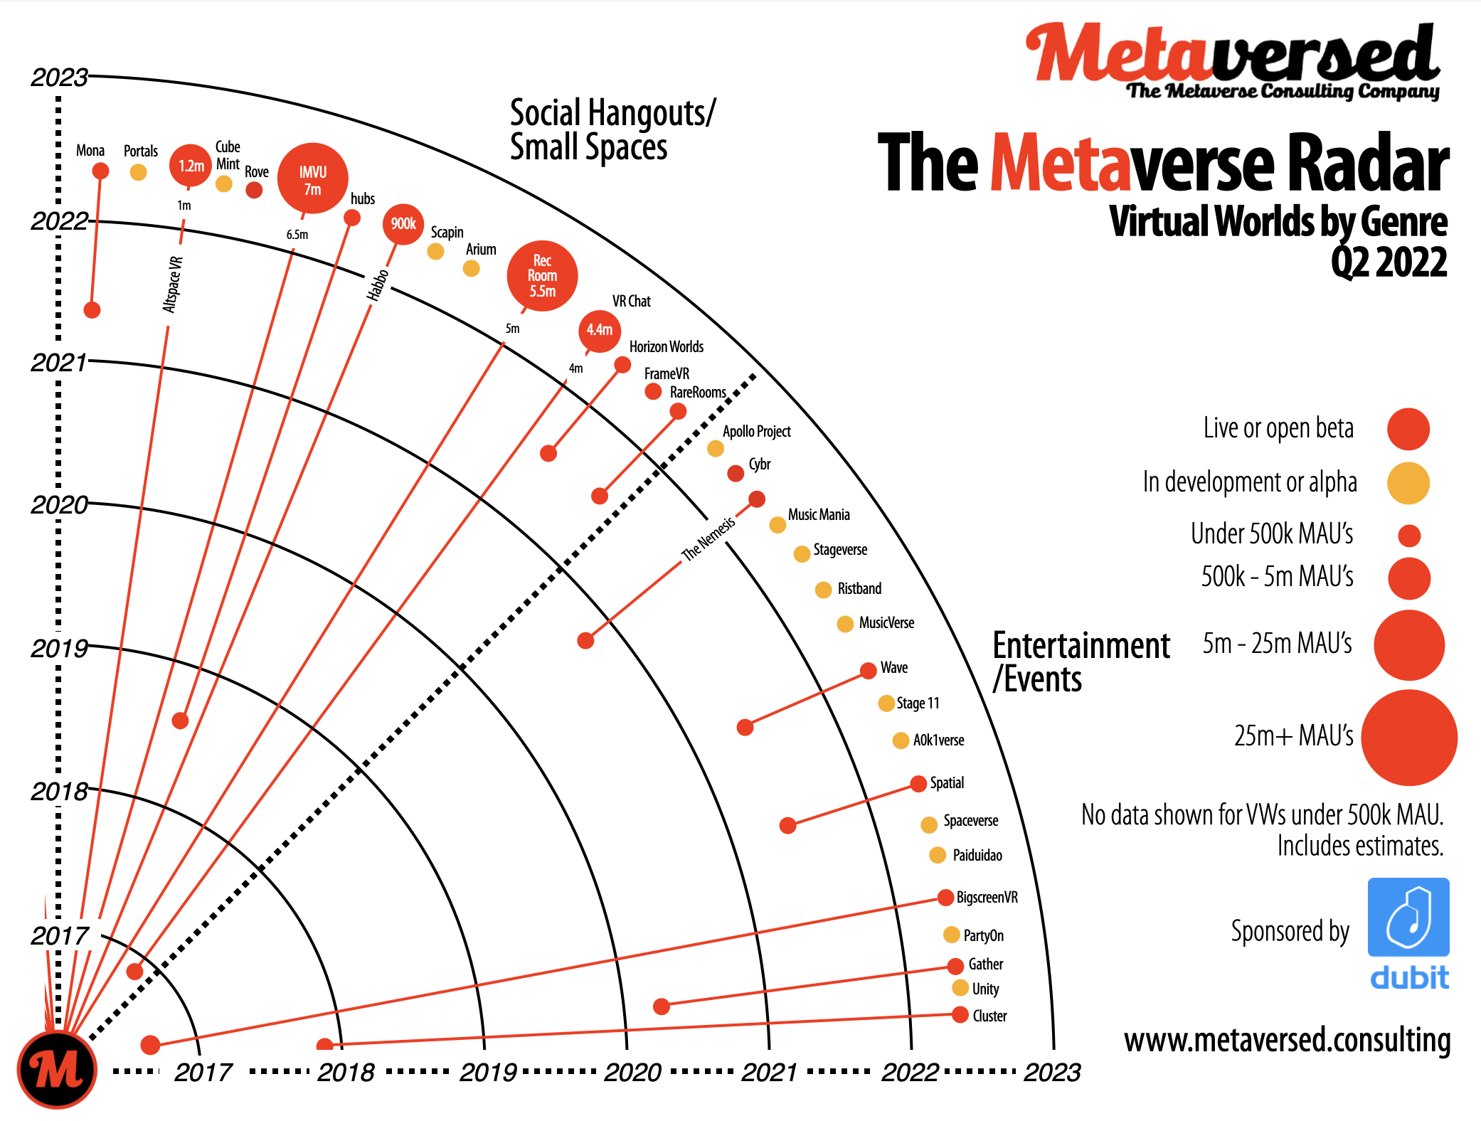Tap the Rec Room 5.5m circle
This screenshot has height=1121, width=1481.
point(542,276)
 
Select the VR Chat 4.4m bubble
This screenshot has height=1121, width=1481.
point(600,330)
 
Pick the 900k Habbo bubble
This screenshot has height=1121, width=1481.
point(403,224)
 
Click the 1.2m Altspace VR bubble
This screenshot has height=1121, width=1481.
point(191,166)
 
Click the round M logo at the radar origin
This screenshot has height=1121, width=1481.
point(57,1069)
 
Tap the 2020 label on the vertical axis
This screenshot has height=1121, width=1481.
point(59,505)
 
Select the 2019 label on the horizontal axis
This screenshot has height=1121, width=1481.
point(488,1072)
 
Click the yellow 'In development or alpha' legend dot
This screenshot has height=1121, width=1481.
point(1408,483)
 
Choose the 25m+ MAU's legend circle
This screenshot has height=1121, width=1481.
point(1408,737)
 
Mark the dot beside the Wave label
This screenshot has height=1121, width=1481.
point(868,671)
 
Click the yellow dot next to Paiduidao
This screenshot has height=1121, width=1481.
point(938,855)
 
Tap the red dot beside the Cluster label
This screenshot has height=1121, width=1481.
point(960,1015)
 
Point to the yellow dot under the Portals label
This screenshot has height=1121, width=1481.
point(139,172)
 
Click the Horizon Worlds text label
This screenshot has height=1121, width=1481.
point(666,347)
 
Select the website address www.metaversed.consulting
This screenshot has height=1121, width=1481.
point(1287,1040)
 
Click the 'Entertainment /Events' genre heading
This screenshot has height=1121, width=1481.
point(1081,662)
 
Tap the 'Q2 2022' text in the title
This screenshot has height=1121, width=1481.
point(1389,262)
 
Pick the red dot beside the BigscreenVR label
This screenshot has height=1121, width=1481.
point(945,898)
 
